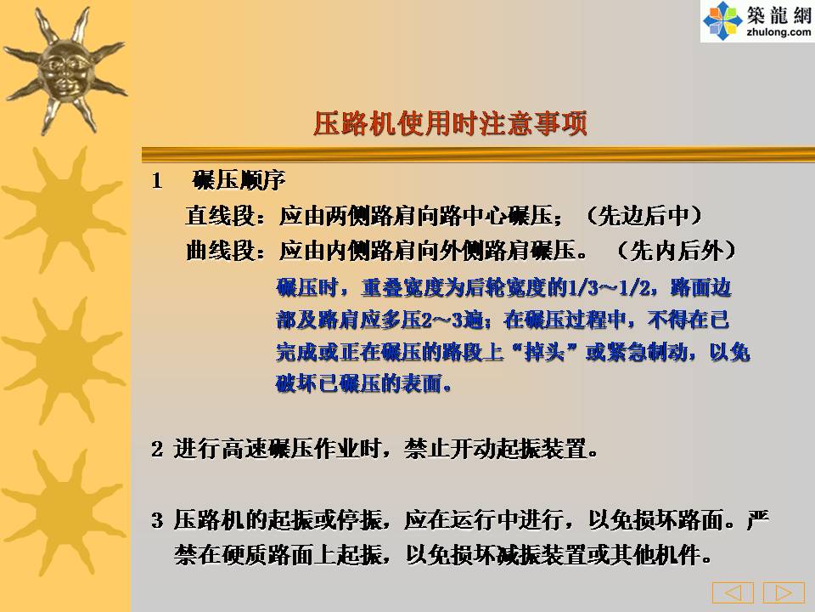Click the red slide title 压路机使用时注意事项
point(450,124)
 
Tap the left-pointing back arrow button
point(733,592)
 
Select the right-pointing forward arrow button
point(784,592)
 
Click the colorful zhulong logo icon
point(722,20)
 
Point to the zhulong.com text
point(778,31)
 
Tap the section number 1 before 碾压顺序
point(157,181)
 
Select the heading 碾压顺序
point(239,180)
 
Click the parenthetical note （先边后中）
point(644,215)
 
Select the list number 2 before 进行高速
point(157,449)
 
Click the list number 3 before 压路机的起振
point(157,520)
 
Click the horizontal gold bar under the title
point(478,154)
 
